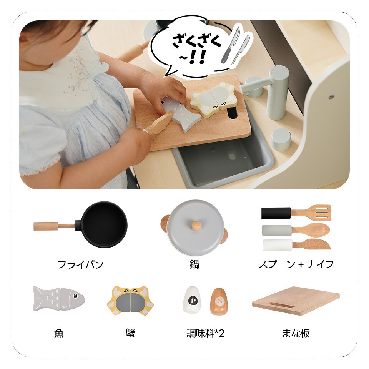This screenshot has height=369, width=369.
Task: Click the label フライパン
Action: tap(80, 264)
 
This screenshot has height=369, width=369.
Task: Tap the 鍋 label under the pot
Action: tap(194, 264)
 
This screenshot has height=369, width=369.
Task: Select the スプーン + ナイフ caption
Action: tap(296, 264)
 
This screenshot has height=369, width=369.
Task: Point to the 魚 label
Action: tap(59, 333)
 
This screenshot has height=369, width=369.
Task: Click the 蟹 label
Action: tap(130, 333)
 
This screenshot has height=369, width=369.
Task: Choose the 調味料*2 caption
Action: tap(205, 333)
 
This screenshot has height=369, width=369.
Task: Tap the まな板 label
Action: tap(296, 333)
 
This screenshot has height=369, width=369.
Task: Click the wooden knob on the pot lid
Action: tap(196, 226)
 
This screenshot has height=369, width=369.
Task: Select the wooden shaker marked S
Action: tap(219, 301)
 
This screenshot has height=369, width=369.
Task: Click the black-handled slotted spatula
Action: tap(296, 213)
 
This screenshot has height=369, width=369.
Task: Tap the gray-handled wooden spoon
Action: tap(296, 230)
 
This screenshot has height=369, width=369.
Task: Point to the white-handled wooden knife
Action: tap(296, 245)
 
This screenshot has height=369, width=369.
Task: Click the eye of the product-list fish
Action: tap(76, 296)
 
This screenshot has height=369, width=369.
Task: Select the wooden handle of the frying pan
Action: tap(54, 226)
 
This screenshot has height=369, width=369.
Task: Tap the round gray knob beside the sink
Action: tap(281, 139)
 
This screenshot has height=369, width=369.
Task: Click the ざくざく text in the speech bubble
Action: tap(197, 42)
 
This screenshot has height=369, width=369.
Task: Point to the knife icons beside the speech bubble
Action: tap(236, 45)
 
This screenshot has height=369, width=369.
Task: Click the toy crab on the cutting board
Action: tap(214, 99)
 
